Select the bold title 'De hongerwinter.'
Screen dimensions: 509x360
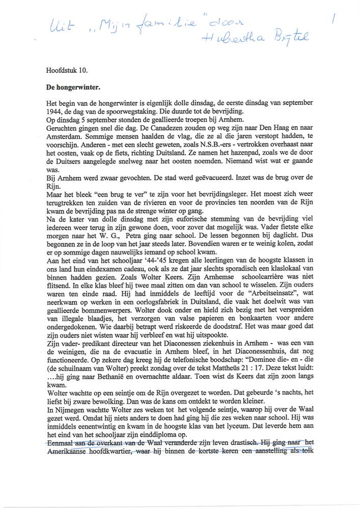click(71, 88)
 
